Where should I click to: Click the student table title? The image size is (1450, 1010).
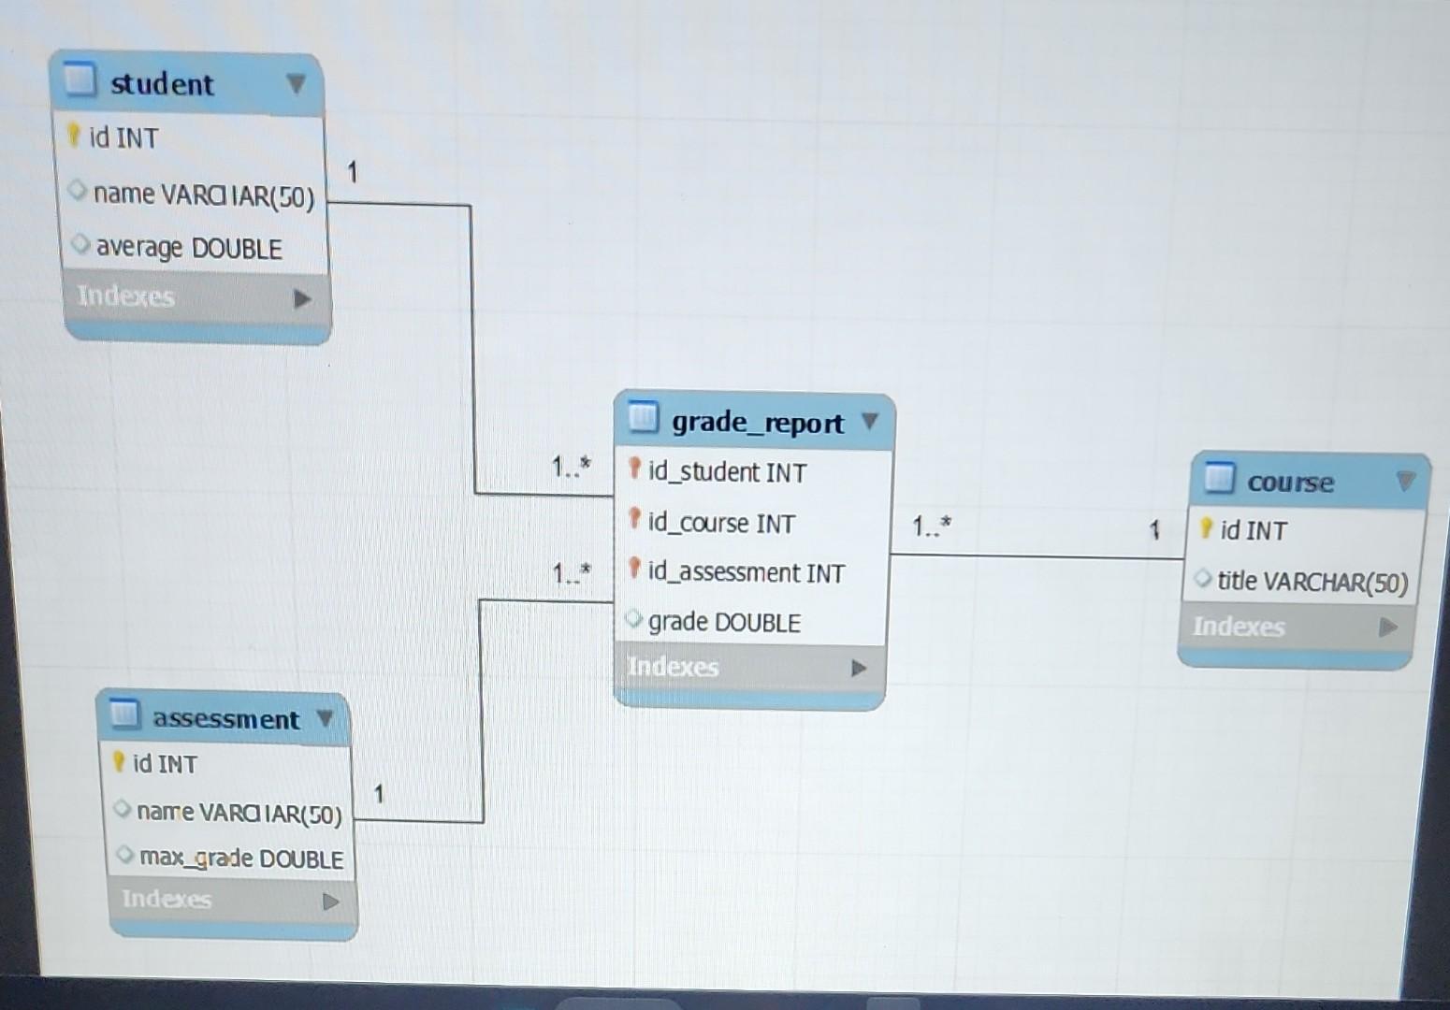coord(162,84)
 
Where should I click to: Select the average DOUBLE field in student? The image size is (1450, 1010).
coord(188,248)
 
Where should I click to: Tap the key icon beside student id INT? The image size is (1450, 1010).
coord(74,137)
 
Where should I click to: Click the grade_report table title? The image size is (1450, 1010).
coord(757,423)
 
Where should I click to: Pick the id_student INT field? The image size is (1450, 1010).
coord(727,472)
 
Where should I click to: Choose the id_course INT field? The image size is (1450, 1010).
coord(721,523)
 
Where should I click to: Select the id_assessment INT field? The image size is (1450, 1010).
coord(746,572)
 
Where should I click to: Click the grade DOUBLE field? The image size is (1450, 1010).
coord(724,623)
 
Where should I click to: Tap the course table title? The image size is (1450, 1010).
coord(1290,483)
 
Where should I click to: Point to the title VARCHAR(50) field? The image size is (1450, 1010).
coord(1312,582)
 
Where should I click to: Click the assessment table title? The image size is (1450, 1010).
coord(225,719)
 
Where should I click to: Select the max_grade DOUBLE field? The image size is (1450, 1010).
coord(241,858)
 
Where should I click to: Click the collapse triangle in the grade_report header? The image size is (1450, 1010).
coord(870,422)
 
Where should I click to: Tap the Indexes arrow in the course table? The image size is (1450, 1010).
coord(1388,627)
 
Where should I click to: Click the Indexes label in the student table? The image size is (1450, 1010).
coord(125,296)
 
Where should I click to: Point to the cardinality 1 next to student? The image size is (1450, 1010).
coord(353,172)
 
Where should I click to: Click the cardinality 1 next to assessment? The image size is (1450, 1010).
coord(379,795)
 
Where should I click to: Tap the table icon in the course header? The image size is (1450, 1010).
coord(1219,478)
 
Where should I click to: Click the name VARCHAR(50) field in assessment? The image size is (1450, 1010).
coord(239,813)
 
